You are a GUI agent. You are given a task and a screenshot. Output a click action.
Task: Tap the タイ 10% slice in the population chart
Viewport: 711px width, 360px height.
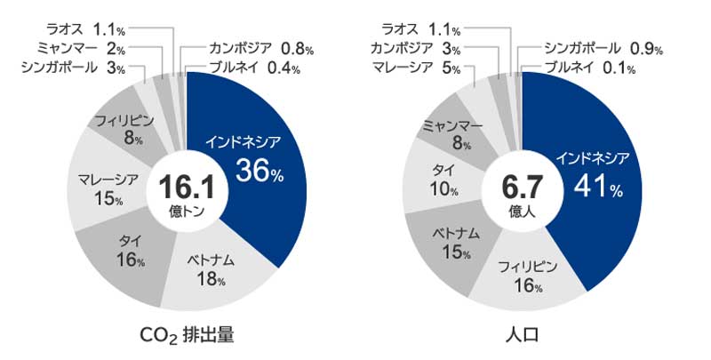(x=441, y=178)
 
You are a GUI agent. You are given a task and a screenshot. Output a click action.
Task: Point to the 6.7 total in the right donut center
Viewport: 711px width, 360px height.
(x=522, y=186)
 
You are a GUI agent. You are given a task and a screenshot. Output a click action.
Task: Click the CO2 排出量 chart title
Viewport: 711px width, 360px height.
(x=187, y=335)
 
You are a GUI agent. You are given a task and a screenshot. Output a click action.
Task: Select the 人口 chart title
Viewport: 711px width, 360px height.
(x=522, y=336)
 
